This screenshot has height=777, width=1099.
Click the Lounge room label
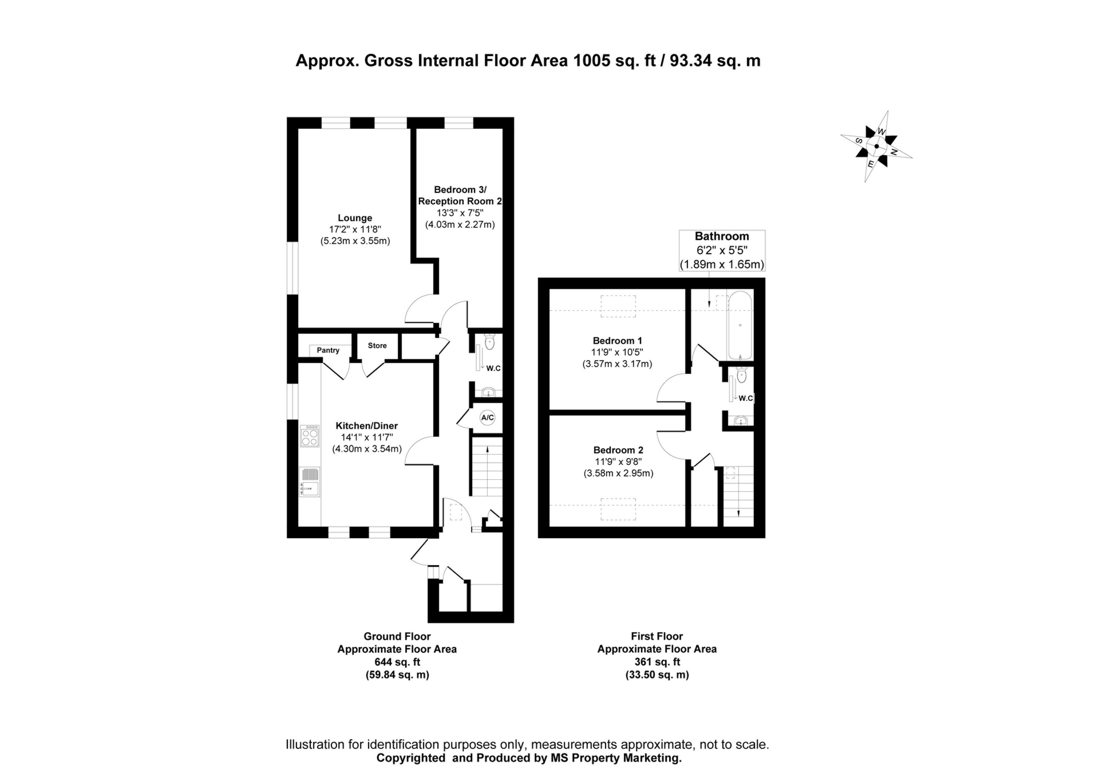pos(355,218)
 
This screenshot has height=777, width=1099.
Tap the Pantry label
pos(328,350)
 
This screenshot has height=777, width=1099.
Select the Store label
pos(377,346)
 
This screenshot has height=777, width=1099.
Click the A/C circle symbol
pos(487,418)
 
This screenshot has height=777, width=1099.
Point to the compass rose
pos(876,146)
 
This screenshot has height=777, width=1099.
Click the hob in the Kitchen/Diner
pos(310,435)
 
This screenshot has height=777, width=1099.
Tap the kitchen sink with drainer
pos(310,482)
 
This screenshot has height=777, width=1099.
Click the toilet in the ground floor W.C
pos(489,343)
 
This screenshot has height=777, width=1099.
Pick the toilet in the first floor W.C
pos(742,376)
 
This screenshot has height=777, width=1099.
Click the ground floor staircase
pos(487,466)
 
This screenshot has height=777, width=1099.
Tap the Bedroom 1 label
pos(617,341)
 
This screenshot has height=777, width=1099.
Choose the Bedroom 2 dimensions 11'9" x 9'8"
pos(618,462)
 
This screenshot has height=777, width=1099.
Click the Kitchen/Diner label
pos(366,426)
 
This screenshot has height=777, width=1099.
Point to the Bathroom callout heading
pos(722,236)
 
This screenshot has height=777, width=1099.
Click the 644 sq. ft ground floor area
pos(397,662)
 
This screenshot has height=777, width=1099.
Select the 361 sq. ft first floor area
pos(657,662)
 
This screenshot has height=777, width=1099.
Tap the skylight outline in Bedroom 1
pos(618,306)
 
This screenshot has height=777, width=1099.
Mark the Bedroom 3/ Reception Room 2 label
pos(460,195)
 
